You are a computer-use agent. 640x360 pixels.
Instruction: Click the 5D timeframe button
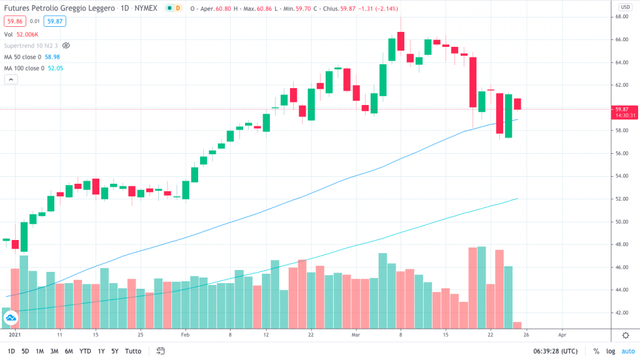coord(25,351)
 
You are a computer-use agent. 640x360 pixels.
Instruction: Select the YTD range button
coord(85,351)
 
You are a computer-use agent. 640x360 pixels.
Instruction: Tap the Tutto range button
coord(132,351)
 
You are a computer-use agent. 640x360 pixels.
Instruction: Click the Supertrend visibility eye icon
coord(66,46)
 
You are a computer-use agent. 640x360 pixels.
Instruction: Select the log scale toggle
coord(609,351)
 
